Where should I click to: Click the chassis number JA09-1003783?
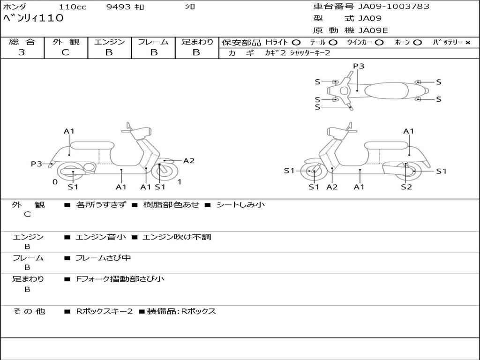coord(394,7)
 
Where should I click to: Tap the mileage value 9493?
coord(120,7)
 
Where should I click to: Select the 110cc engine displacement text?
coord(73,7)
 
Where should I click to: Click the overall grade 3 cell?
coord(22,52)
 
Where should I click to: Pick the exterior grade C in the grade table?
coord(65,52)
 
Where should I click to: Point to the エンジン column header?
coord(110,42)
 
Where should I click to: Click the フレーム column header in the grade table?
coord(153,42)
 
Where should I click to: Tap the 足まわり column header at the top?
coord(197,42)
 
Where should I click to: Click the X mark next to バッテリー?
coord(467,43)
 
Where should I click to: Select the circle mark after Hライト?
coord(296,43)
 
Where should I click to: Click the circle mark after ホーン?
coord(417,43)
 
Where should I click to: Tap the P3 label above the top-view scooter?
coord(359,66)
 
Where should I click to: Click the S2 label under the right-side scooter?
coord(406,187)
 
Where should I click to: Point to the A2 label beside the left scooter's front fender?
coord(189,161)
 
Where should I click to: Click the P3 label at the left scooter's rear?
coord(37,164)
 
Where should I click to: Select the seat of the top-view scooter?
coord(387,90)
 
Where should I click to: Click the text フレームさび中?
coord(103,258)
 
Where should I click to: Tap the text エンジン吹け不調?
coord(177,237)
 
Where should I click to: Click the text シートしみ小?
coord(240,205)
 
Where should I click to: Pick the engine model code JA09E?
coord(374,31)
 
